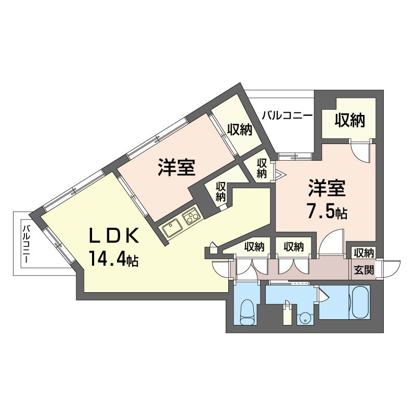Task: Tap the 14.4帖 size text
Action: (113, 259)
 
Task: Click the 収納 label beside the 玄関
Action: (363, 253)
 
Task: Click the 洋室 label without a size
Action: (176, 167)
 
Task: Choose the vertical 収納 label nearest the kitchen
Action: (220, 191)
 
